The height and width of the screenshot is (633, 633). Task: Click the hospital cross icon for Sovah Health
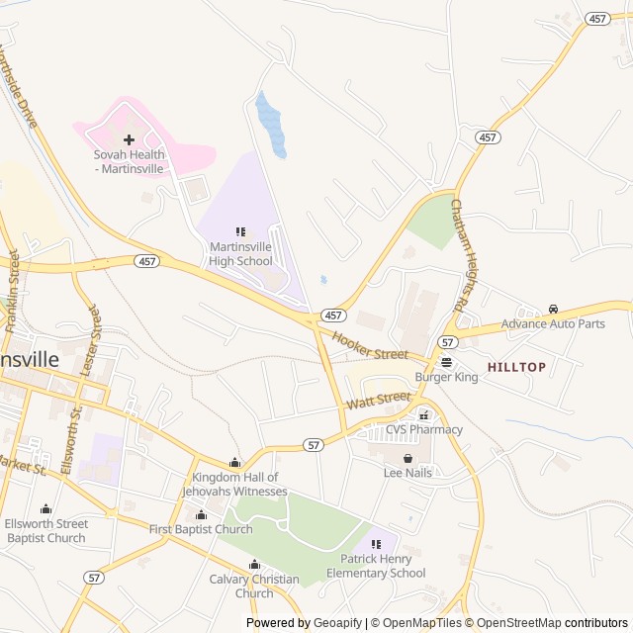point(129,139)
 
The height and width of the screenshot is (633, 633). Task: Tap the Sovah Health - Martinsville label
point(129,161)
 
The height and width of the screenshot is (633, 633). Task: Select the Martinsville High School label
point(240,254)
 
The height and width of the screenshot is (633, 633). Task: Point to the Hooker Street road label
point(370,346)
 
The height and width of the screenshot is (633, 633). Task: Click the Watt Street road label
point(378,401)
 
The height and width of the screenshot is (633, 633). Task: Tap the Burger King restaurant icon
point(446,362)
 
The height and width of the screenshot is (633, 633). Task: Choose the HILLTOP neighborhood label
point(516,367)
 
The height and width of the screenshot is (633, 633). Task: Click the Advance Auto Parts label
point(553,323)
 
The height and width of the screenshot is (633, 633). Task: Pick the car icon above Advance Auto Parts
point(553,310)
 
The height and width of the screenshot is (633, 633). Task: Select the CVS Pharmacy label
point(423,429)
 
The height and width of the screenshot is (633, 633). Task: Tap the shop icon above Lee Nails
point(407,458)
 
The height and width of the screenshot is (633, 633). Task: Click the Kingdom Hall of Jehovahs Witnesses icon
point(234,463)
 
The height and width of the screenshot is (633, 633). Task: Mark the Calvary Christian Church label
point(254,587)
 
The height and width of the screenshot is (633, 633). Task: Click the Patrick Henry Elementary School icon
point(376,544)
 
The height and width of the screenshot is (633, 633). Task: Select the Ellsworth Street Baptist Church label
point(45,530)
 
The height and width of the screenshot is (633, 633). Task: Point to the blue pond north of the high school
point(271,125)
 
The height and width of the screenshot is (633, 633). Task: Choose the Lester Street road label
point(90,336)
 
